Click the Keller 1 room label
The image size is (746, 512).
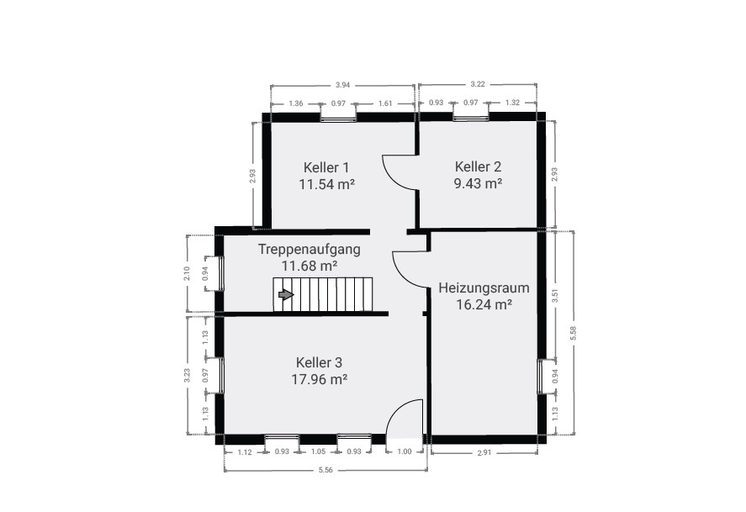[x=325, y=166]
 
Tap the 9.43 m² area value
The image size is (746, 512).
[x=478, y=182]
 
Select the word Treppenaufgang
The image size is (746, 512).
[x=310, y=249]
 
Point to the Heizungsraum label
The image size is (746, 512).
[x=476, y=288]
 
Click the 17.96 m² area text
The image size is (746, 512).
[x=319, y=378]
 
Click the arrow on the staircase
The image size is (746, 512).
[x=286, y=294]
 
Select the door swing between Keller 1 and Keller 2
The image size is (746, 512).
[x=399, y=172]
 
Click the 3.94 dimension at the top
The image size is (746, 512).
[x=342, y=85]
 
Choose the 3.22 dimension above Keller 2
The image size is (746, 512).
[x=477, y=84]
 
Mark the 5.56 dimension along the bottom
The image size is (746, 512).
[x=327, y=470]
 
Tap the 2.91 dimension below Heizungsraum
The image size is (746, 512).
[x=483, y=453]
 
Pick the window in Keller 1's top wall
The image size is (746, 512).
[x=338, y=117]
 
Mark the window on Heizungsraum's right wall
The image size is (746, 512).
[x=541, y=375]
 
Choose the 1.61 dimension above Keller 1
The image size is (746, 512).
[x=384, y=103]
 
